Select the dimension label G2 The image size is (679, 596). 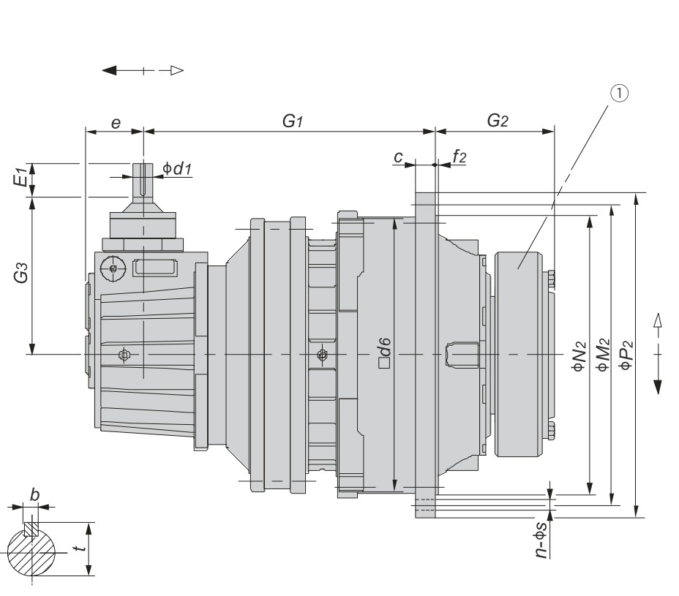click(x=498, y=121)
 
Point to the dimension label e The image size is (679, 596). click(x=116, y=123)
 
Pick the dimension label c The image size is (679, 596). click(x=398, y=156)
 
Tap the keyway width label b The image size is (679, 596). click(x=34, y=494)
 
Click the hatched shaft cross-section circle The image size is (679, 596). click(x=32, y=552)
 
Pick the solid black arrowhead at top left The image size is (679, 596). click(x=110, y=70)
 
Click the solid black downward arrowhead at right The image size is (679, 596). click(x=657, y=385)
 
